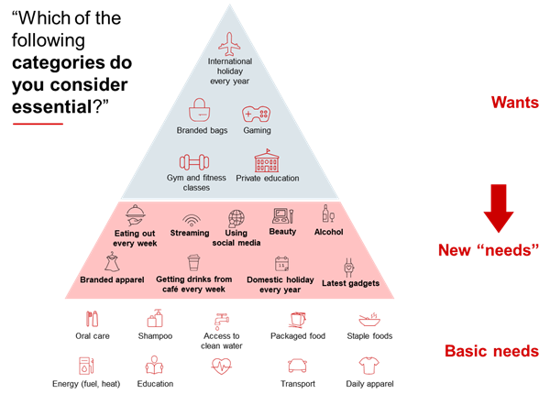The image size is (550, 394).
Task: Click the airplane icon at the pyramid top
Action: pos(229,43)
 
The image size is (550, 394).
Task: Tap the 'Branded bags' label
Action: pos(202,131)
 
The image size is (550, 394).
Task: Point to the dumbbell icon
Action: pos(194,161)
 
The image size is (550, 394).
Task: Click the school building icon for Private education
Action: pos(268,161)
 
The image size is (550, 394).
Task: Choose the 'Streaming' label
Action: pos(191,234)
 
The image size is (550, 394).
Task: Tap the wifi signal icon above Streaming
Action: pos(191,220)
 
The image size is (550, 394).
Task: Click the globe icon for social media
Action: pos(236,218)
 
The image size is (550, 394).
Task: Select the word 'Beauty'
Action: pos(283,233)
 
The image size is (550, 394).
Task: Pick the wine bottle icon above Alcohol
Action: pos(326,213)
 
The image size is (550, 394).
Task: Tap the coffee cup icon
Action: pos(193,263)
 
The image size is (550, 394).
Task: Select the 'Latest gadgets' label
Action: pos(349,283)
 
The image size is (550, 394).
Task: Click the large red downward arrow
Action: pos(499,208)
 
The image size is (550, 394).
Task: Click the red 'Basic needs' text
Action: pos(491,351)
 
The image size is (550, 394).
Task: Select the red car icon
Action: pos(297,366)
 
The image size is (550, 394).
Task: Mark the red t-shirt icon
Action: pos(368,366)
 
